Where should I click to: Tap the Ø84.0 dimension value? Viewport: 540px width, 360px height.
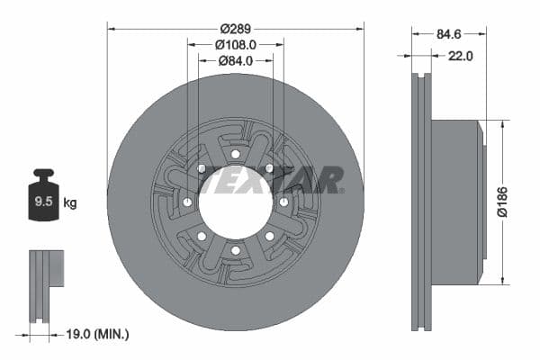(x=236, y=60)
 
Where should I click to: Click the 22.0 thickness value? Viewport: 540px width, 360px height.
(x=460, y=56)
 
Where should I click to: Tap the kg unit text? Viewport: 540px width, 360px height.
(x=70, y=202)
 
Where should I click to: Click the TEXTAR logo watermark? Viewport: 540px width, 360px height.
(x=271, y=180)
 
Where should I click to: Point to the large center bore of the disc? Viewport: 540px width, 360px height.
(x=235, y=202)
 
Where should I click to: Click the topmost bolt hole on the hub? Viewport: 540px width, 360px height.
(x=235, y=154)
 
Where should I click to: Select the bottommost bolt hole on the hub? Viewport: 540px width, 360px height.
(x=235, y=250)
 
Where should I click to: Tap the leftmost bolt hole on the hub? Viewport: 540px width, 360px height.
(x=187, y=202)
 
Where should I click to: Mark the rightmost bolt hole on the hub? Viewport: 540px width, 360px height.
(x=283, y=202)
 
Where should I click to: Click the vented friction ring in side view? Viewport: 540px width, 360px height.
(x=421, y=202)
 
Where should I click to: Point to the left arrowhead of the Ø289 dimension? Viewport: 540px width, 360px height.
(x=111, y=27)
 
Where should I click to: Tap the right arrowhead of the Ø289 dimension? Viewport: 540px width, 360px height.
(x=361, y=27)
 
